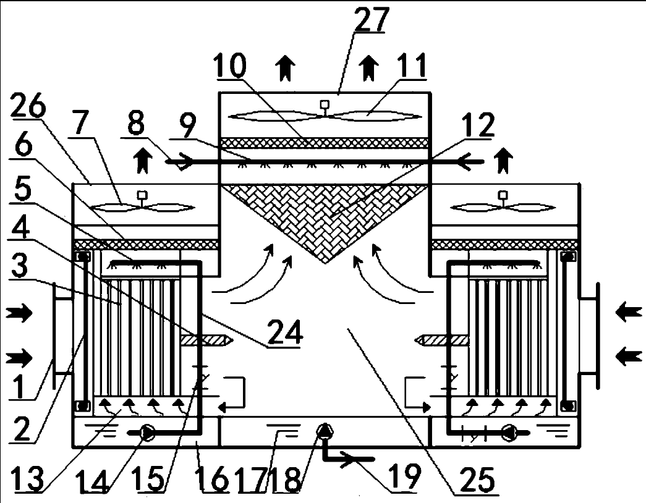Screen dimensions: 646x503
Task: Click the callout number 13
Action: [27, 478]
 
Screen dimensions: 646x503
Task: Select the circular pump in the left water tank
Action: [147, 433]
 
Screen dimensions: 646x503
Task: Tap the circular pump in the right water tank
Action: [509, 433]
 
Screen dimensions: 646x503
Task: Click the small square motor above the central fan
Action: [324, 104]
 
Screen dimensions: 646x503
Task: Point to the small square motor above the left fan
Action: [143, 194]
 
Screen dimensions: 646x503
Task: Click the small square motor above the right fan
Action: [503, 194]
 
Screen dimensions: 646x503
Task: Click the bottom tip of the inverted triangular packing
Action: [325, 264]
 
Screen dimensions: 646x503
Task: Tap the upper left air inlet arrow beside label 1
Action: [19, 313]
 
